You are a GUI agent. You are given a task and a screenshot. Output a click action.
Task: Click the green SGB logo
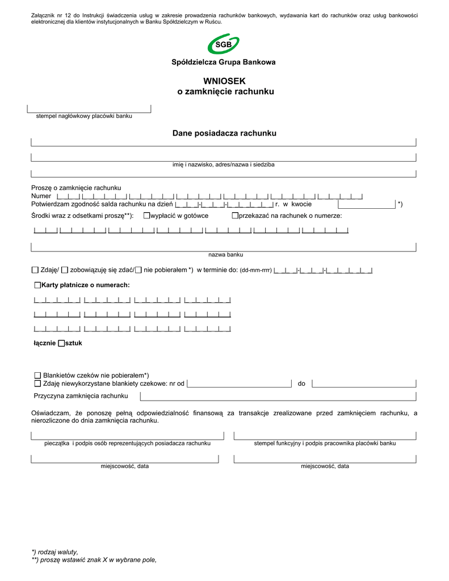point(224,44)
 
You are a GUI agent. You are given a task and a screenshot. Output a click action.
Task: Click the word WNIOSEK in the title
point(224,81)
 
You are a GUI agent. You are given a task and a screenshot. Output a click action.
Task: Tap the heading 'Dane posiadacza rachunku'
point(224,133)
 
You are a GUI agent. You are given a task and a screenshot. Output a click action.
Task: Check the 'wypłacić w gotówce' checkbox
point(146,216)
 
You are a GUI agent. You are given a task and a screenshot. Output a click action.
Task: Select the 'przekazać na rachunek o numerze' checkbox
point(234,216)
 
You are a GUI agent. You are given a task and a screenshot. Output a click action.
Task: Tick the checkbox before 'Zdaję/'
point(35,270)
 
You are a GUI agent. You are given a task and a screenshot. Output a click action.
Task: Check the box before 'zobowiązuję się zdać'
point(65,270)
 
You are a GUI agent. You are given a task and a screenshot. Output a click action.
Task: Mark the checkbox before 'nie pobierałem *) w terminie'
point(139,270)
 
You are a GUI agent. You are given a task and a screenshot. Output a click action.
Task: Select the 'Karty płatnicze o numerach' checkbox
point(37,285)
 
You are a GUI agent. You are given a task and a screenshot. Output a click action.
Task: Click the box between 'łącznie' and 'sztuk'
point(61,343)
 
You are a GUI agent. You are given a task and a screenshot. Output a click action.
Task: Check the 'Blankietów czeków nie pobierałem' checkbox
point(37,376)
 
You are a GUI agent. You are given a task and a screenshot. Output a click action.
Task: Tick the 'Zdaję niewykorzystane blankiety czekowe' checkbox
point(37,384)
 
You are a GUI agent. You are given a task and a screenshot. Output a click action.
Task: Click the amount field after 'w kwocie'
point(366,204)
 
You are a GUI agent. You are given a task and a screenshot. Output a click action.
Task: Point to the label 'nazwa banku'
point(225,255)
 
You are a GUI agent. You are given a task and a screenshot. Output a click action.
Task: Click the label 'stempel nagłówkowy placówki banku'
point(84,116)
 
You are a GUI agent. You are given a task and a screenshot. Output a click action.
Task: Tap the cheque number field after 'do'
point(364,384)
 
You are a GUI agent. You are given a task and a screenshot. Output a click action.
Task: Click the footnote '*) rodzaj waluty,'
point(55,551)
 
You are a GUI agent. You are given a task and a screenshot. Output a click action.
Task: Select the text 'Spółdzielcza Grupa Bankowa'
point(224,62)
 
